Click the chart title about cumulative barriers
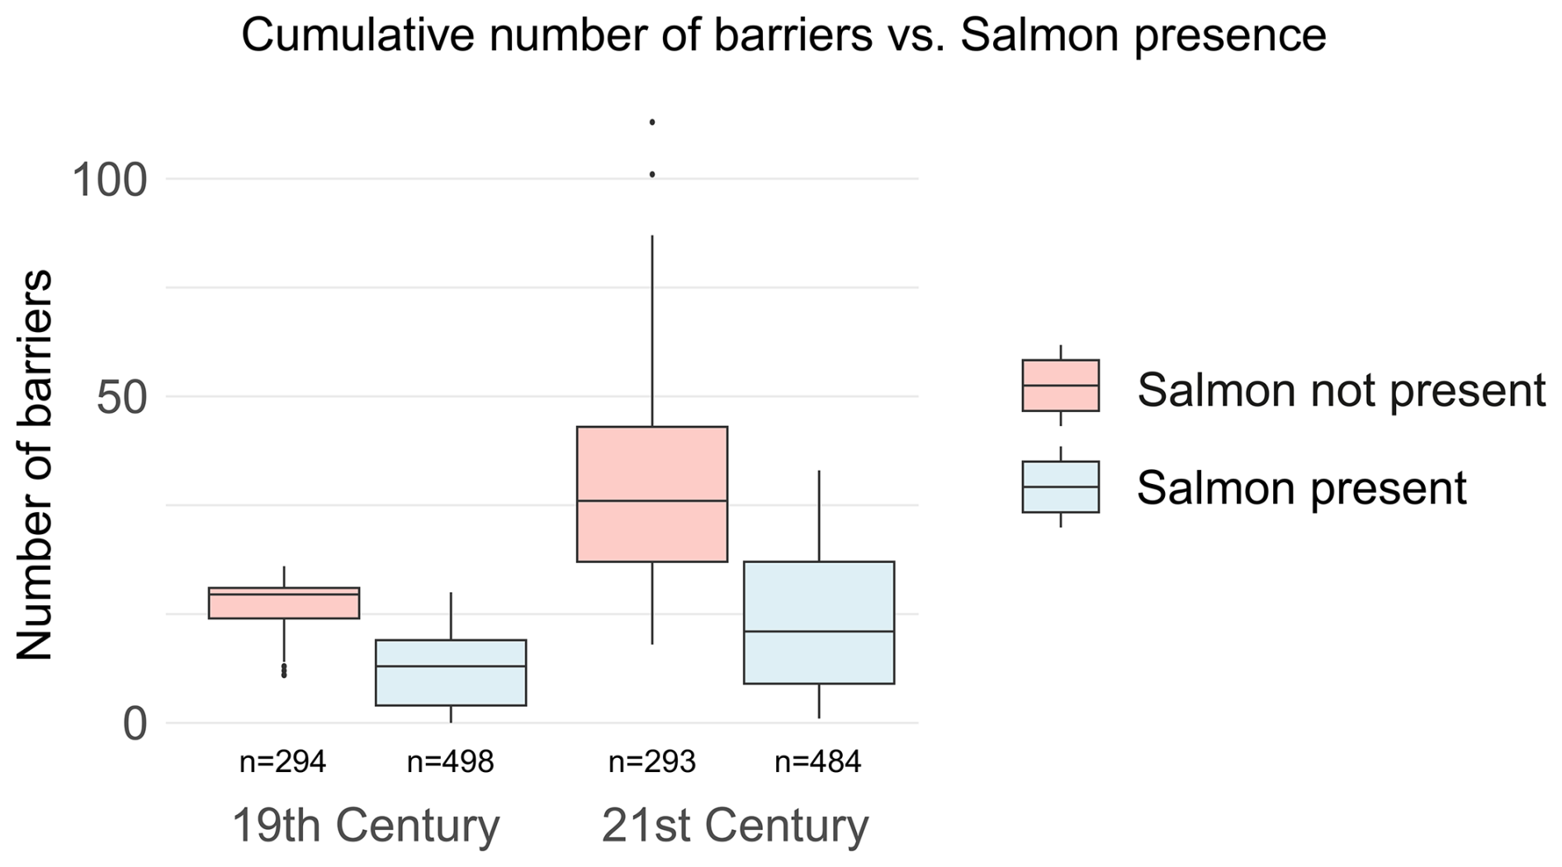point(783,36)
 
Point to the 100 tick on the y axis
point(109,180)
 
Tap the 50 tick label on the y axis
point(121,398)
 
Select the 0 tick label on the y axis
point(135,725)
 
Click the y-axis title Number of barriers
point(35,465)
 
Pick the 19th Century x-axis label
point(366,826)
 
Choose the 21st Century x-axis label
point(735,826)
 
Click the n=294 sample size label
point(282,761)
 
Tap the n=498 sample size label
point(450,761)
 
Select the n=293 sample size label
point(651,761)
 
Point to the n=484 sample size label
point(817,761)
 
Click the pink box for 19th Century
point(284,606)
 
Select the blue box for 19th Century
point(451,685)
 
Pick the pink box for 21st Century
point(652,462)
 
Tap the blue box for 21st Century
point(819,595)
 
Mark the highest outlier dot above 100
point(652,122)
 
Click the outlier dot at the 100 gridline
point(652,174)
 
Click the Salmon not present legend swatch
point(1060,386)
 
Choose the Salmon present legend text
point(1301,488)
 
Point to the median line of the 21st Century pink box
point(652,500)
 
